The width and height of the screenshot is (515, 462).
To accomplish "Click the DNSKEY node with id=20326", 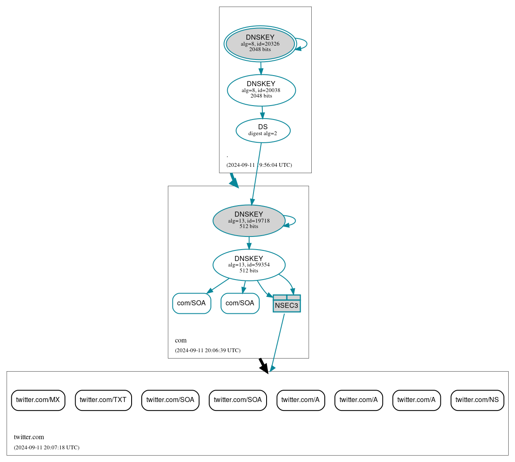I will pos(260,43).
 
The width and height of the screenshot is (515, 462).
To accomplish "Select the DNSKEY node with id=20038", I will pos(261,90).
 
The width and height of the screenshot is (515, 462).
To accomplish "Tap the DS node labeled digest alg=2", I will pos(263,130).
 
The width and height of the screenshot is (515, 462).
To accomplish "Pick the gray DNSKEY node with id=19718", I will pos(249,220).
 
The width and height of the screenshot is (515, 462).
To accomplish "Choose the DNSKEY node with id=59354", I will pos(249,265).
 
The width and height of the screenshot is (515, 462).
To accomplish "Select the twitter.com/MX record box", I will pos(38,400).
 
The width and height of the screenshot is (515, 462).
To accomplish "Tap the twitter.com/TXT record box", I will pos(103,400).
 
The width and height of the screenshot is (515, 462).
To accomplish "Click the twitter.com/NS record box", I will pos(477,400).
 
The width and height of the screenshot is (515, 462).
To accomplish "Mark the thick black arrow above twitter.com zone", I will pos(263,365).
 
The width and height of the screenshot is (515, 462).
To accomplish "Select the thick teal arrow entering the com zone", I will pos(234,180).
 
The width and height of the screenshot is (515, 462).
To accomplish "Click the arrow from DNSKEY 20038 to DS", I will pos(262,112).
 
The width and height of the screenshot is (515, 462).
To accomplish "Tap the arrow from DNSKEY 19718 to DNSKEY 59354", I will pos(249,243).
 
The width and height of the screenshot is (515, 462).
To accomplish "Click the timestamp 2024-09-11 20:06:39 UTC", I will pos(208,350).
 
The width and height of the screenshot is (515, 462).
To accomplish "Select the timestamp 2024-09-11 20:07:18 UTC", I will pos(46,447).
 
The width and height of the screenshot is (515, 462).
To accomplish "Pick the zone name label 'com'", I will pos(181,340).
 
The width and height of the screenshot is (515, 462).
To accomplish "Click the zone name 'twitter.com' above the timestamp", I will pos(29,437).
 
